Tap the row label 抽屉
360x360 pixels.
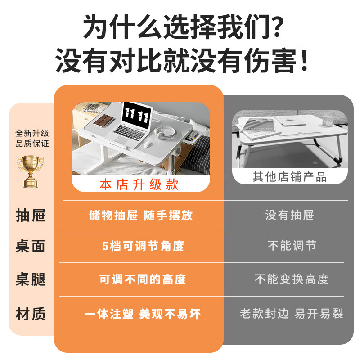pos(31,216)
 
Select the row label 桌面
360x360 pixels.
pos(31,246)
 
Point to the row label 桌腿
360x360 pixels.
pos(31,279)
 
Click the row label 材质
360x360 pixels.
pos(31,314)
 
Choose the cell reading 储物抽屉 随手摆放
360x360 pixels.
pos(141,215)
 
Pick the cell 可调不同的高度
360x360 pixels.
pos(143,279)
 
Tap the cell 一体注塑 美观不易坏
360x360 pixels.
pos(143,314)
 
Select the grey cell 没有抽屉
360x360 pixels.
pos(289,215)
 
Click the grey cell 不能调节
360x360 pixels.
pos(292,246)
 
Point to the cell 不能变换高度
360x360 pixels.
pos(292,279)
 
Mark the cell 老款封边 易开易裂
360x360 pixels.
pos(292,314)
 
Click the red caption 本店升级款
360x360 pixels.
pos(139,185)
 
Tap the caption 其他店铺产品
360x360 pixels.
pos(289,176)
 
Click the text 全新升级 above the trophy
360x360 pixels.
pos(32,133)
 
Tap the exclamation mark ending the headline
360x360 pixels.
pos(304,61)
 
